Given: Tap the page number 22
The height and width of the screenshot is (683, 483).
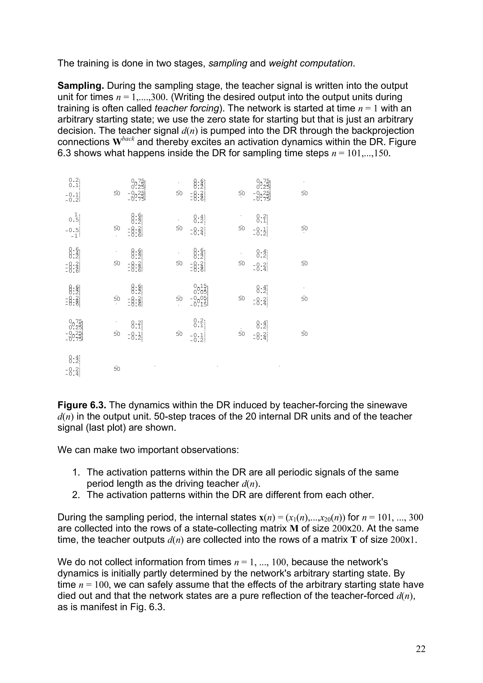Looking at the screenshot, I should click(x=421, y=649).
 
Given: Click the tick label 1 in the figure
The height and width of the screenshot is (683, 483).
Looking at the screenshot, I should click(x=76, y=214).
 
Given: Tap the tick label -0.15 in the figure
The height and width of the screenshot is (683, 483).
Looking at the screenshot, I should click(x=199, y=304).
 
